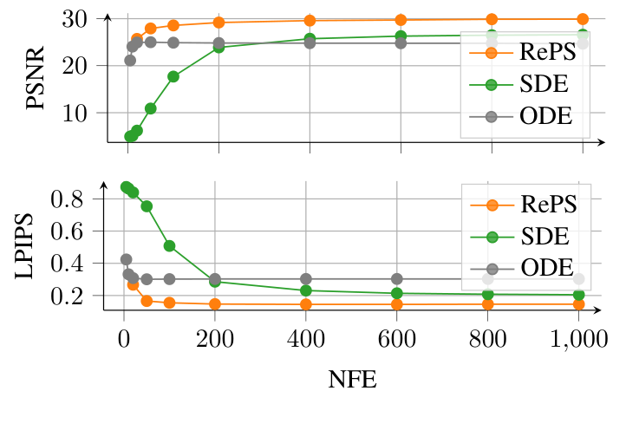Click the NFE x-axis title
point(352,380)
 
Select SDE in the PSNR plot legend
point(544,84)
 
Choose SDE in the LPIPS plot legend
point(544,236)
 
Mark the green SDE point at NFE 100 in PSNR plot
point(173,76)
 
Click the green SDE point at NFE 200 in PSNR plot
point(218,48)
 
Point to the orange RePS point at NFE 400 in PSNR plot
point(310,21)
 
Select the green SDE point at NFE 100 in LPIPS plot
point(170,246)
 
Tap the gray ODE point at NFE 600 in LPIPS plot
point(397,279)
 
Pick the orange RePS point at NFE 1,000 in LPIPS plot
point(578,304)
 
